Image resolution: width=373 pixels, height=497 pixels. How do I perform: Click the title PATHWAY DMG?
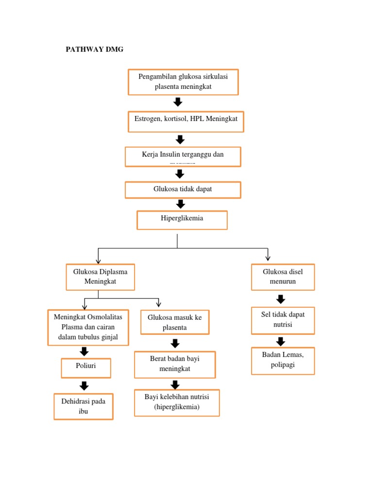coord(94,50)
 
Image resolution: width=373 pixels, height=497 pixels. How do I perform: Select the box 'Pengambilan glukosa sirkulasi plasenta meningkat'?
coord(183,82)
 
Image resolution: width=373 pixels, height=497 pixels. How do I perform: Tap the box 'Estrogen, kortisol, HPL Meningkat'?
coord(186,121)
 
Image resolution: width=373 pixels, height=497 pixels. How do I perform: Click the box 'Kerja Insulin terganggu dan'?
coord(183,157)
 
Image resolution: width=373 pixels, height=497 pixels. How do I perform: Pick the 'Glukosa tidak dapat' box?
coord(183,190)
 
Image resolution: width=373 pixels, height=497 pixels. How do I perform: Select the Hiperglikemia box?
coord(182,220)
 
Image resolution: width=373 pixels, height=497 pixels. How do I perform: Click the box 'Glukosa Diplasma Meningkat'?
coord(100,277)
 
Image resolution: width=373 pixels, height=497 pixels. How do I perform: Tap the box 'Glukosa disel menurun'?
coord(283,277)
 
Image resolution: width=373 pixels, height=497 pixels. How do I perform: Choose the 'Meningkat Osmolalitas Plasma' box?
coord(88,327)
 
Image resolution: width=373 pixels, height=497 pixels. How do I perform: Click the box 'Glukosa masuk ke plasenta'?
coord(175,322)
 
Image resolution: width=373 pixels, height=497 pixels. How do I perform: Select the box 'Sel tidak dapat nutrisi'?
coord(283,320)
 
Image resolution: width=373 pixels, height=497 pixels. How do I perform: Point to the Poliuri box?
coord(86,367)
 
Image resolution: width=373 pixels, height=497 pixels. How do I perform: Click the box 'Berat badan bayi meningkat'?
coord(175,364)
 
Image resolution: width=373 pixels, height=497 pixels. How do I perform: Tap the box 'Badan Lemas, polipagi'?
coord(283,360)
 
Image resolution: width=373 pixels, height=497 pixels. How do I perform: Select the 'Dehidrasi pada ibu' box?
coord(84,406)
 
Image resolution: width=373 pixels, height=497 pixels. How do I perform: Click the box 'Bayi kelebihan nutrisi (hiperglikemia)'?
coord(177,402)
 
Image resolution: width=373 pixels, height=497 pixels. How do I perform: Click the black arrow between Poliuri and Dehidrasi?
coord(84,386)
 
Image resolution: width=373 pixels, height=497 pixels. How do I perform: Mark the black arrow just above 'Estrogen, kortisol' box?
coord(178,102)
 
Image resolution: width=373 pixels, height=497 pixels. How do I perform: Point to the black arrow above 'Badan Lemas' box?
coord(281,341)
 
